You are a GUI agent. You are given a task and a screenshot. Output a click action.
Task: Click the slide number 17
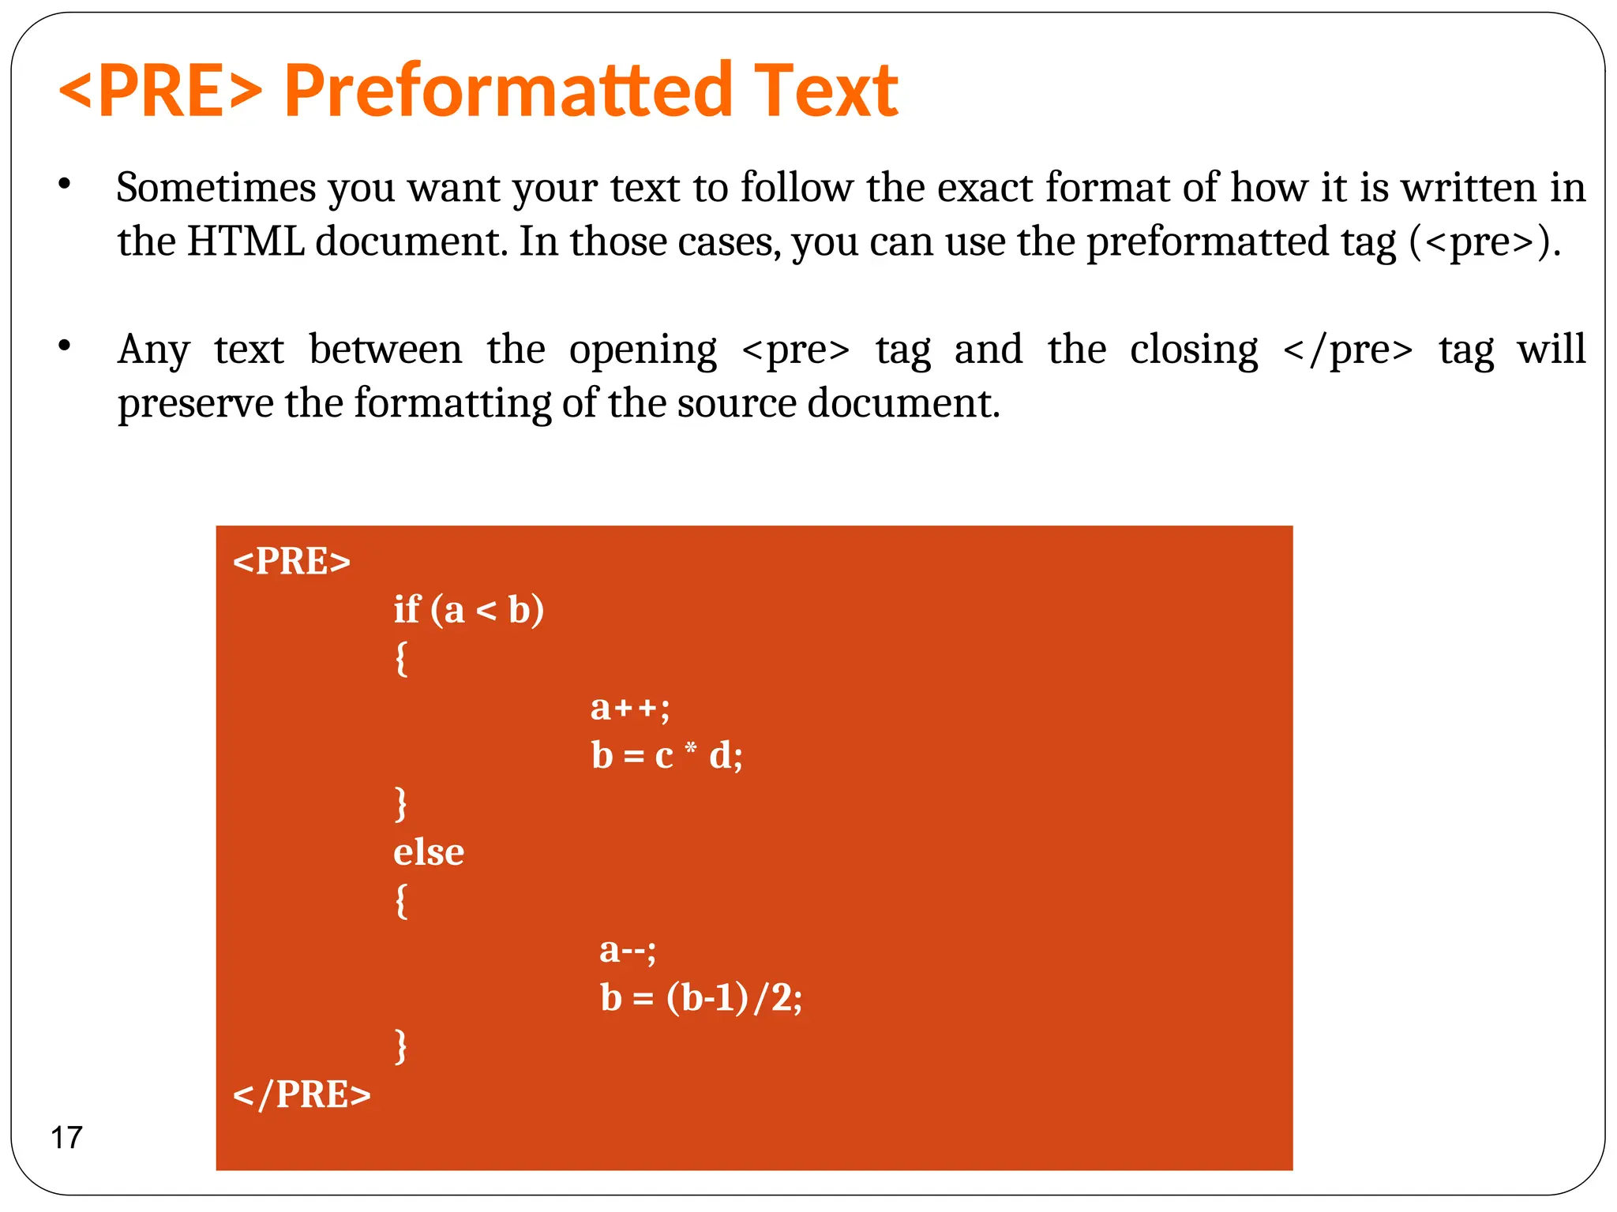pyautogui.click(x=66, y=1138)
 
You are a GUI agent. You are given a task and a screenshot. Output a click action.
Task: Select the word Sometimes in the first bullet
pyautogui.click(x=216, y=189)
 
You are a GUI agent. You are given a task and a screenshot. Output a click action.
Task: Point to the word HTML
pyautogui.click(x=246, y=241)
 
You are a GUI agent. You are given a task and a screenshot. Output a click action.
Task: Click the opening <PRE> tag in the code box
pyautogui.click(x=291, y=562)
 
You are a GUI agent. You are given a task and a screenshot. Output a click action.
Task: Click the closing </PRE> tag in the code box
pyautogui.click(x=302, y=1095)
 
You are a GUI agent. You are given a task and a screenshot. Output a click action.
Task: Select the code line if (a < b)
pyautogui.click(x=469, y=610)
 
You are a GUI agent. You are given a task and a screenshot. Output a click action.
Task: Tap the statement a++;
pyautogui.click(x=630, y=707)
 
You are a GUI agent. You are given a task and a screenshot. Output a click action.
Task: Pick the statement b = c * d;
pyautogui.click(x=667, y=756)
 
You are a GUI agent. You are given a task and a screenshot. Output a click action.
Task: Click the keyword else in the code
pyautogui.click(x=429, y=852)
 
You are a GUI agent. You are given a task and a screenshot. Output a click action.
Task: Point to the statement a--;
pyautogui.click(x=628, y=949)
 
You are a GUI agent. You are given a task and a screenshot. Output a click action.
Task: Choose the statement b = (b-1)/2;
pyautogui.click(x=701, y=998)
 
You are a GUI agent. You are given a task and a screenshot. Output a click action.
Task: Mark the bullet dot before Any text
pyautogui.click(x=65, y=346)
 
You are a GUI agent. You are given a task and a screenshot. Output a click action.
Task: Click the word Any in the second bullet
pyautogui.click(x=153, y=350)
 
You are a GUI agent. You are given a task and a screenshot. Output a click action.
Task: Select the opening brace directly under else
pyautogui.click(x=402, y=901)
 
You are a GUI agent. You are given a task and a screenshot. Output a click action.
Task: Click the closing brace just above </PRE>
pyautogui.click(x=401, y=1046)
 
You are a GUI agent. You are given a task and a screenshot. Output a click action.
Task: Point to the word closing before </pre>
pyautogui.click(x=1194, y=350)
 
